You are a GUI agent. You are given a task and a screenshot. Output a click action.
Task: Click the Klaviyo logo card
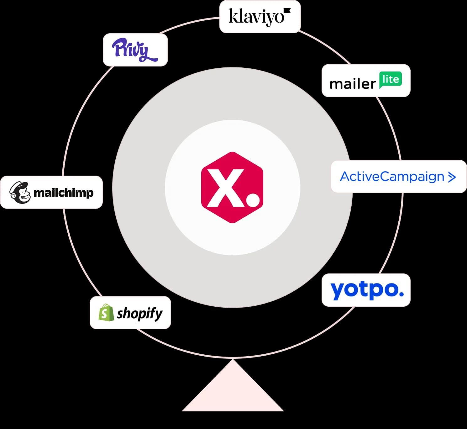[260, 17]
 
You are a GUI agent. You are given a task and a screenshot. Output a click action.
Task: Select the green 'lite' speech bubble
[390, 80]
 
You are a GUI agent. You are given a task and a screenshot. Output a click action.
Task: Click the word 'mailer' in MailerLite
[352, 84]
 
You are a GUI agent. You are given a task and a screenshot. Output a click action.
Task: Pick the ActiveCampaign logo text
[392, 177]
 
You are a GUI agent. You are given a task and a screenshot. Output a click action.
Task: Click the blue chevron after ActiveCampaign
[452, 177]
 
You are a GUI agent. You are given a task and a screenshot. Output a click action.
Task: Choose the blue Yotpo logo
[366, 290]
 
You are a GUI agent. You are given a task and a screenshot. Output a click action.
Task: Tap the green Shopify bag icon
[106, 312]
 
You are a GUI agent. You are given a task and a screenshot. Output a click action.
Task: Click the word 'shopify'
[140, 313]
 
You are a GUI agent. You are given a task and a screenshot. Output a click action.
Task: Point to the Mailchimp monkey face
[20, 193]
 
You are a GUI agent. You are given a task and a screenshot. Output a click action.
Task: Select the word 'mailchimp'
[63, 193]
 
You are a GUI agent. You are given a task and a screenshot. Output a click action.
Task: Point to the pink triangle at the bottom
[233, 392]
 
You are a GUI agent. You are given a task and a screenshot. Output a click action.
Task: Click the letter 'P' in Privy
[119, 48]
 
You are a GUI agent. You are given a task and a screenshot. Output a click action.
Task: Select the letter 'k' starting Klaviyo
[232, 16]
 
